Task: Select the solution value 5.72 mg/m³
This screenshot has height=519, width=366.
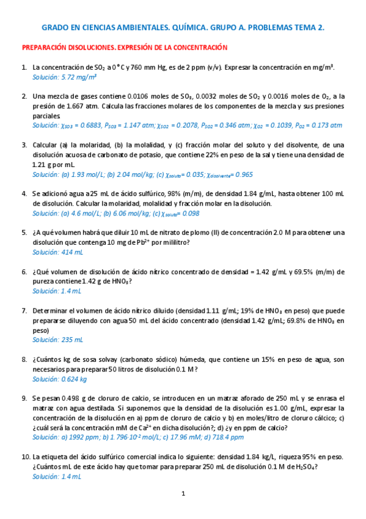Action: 79,77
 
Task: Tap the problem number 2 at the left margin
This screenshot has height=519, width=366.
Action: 24,96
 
